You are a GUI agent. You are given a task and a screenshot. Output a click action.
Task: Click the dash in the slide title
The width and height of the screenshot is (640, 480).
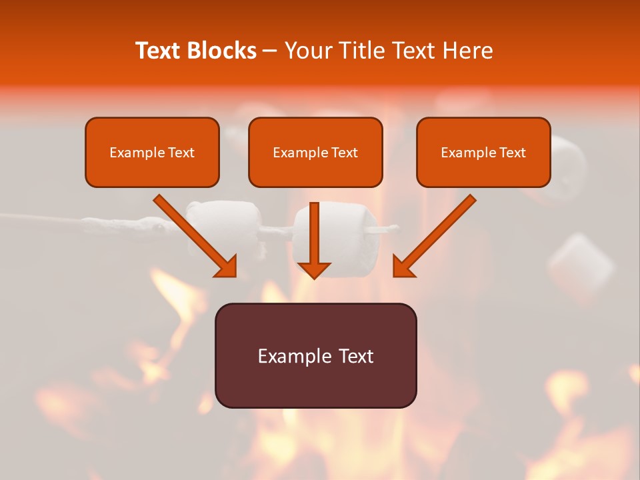270,51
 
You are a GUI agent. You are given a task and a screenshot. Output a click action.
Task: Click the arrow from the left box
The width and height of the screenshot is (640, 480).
193,233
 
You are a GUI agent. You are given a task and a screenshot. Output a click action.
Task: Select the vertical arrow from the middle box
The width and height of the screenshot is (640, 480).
314,237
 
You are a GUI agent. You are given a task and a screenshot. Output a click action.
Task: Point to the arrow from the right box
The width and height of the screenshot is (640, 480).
436,233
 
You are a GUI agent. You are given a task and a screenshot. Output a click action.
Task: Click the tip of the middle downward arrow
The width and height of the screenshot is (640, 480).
314,275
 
